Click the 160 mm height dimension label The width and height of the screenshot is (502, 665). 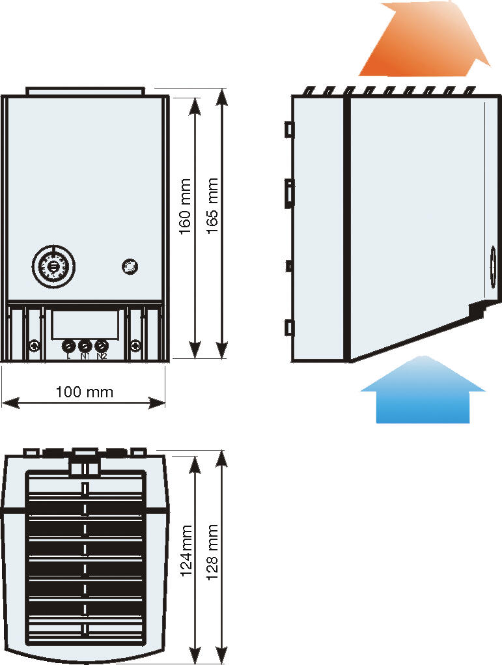(185, 206)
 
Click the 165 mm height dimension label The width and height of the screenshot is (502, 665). (212, 206)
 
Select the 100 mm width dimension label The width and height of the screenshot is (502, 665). (84, 391)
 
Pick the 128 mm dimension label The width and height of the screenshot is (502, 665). (212, 550)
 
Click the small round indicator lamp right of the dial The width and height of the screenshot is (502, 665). (130, 266)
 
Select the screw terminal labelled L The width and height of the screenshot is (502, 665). (68, 346)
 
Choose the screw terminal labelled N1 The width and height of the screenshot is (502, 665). (85, 346)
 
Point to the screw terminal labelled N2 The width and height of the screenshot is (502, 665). (101, 346)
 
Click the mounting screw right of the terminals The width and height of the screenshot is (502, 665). (135, 346)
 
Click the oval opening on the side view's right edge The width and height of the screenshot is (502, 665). (492, 266)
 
